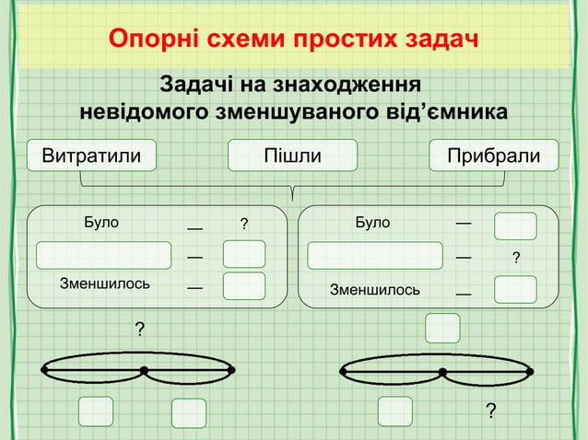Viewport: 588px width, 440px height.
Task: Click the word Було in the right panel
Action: (372, 222)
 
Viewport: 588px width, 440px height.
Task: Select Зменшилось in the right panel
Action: (375, 290)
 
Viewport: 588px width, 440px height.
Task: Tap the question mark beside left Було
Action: (244, 224)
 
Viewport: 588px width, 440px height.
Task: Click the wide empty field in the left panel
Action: (104, 254)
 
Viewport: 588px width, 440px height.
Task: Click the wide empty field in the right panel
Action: (375, 255)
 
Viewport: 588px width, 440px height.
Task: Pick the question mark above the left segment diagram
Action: (140, 329)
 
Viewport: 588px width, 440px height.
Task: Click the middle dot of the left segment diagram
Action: (144, 371)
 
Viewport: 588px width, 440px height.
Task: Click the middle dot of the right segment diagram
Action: (442, 372)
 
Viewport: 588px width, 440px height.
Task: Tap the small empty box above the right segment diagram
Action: (442, 328)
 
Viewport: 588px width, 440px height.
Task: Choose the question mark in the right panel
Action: (515, 258)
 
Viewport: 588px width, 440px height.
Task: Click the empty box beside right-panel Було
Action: (515, 226)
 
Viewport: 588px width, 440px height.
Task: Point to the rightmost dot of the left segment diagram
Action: (231, 371)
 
